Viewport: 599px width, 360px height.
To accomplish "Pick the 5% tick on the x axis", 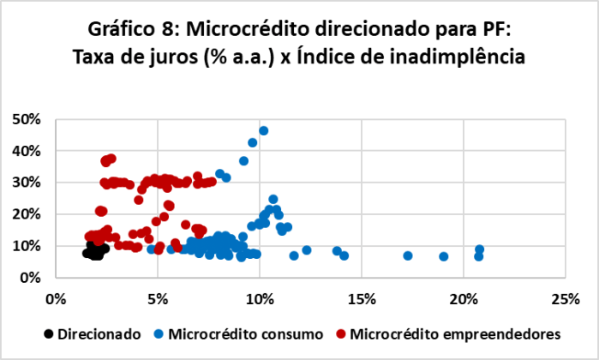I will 157,299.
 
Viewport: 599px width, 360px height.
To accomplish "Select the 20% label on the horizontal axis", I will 464,299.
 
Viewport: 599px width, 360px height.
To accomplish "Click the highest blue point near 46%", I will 264,131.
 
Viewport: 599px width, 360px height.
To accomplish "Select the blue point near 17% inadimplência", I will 408,255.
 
